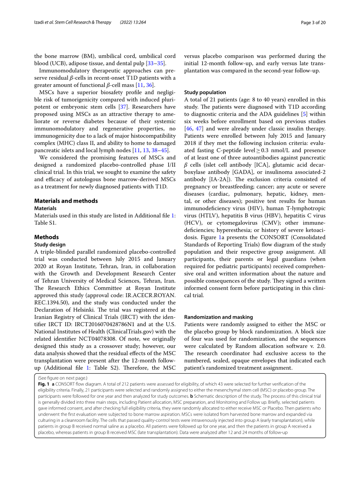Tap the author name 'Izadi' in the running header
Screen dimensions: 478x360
pyautogui.click(x=41, y=23)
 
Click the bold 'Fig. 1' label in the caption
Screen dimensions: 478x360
pyautogui.click(x=44, y=384)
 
